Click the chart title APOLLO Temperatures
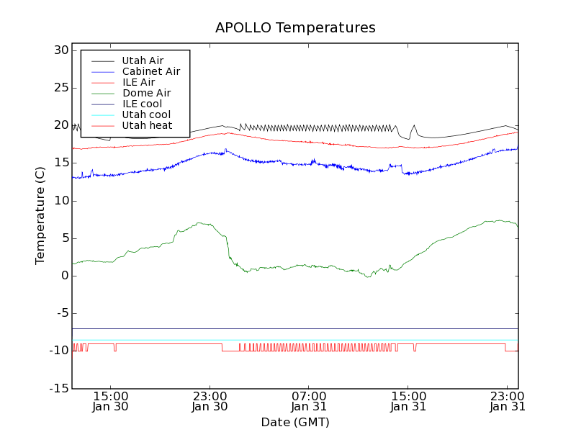click(x=295, y=28)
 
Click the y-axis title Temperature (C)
click(x=41, y=216)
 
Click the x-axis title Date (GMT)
click(x=295, y=422)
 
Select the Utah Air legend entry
click(x=143, y=60)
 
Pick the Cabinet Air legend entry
click(x=150, y=71)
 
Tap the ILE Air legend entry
click(x=138, y=82)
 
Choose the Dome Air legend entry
click(x=146, y=93)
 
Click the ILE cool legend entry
click(x=142, y=104)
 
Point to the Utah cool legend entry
click(x=146, y=114)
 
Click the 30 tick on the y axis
click(x=60, y=50)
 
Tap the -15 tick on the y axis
click(x=59, y=389)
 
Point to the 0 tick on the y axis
click(x=65, y=276)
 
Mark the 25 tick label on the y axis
click(x=60, y=88)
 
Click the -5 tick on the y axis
click(x=62, y=313)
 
